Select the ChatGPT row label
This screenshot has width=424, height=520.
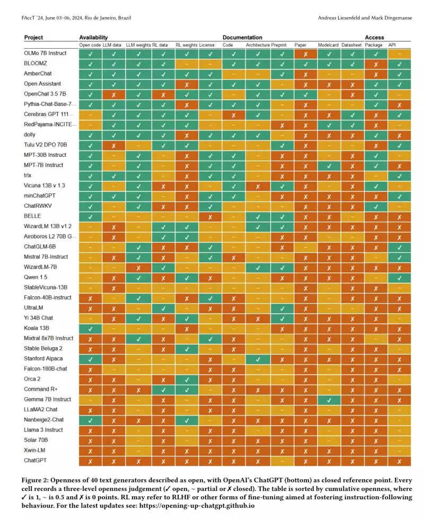coord(35,461)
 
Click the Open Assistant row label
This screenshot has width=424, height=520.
coord(42,84)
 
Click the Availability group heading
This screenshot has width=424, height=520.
coord(93,38)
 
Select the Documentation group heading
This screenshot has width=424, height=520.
coord(242,38)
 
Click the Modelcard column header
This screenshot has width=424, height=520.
coord(329,46)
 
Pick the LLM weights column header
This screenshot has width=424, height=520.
coord(138,46)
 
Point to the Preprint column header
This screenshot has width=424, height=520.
coord(279,46)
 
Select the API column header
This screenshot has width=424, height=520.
coord(392,46)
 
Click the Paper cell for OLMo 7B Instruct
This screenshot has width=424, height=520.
coord(305,54)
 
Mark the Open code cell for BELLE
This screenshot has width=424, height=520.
coord(90,216)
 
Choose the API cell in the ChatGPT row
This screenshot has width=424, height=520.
coord(399,461)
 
